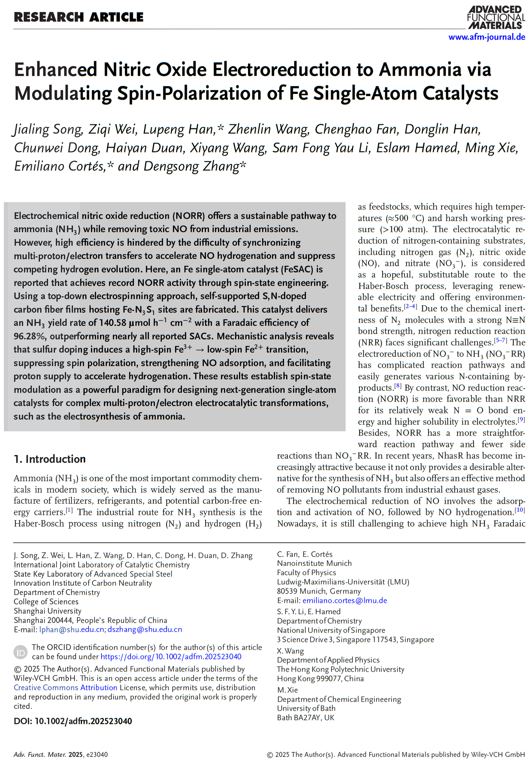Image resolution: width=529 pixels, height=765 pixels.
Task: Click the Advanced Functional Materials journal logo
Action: [x=496, y=17]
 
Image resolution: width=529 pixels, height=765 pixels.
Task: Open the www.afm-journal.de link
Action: [x=487, y=37]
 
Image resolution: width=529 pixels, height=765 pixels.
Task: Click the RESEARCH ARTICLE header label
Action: [x=79, y=17]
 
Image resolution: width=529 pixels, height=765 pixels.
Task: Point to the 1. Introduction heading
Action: [x=50, y=459]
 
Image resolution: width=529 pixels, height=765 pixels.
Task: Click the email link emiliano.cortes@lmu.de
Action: [x=345, y=601]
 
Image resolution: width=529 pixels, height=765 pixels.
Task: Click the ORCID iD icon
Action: [x=20, y=652]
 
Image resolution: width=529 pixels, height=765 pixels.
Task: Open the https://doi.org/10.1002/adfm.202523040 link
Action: [x=171, y=657]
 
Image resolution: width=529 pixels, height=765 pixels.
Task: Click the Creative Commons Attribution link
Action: [x=65, y=687]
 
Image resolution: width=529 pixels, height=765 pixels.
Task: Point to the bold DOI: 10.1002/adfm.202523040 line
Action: [x=73, y=721]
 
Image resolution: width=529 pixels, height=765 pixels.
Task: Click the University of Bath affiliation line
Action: [x=306, y=708]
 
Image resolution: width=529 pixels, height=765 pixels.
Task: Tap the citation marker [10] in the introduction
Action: [x=520, y=510]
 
